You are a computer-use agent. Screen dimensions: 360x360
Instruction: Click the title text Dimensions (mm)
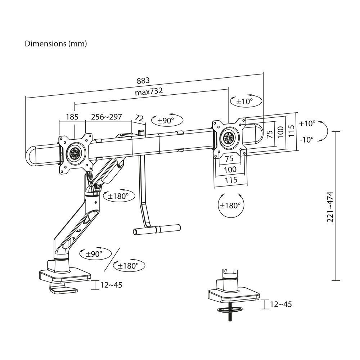pyautogui.click(x=55, y=44)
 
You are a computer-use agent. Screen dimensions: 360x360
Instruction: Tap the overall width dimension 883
pyautogui.click(x=143, y=80)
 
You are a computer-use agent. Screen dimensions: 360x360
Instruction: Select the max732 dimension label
pyautogui.click(x=149, y=91)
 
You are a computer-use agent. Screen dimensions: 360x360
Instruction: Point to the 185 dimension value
pyautogui.click(x=72, y=117)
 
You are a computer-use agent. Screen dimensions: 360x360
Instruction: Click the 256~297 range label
pyautogui.click(x=106, y=117)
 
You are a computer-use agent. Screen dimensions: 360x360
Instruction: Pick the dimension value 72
pyautogui.click(x=139, y=117)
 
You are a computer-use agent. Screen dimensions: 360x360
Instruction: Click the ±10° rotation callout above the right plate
pyautogui.click(x=245, y=102)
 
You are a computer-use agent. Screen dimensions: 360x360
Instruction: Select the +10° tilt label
pyautogui.click(x=306, y=123)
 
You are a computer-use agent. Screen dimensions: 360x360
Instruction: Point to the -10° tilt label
pyautogui.click(x=306, y=139)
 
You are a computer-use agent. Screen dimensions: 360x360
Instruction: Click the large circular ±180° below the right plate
pyautogui.click(x=230, y=206)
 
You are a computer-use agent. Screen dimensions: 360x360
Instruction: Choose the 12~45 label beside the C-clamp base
pyautogui.click(x=111, y=285)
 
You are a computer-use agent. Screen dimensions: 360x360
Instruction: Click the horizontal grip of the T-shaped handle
pyautogui.click(x=157, y=229)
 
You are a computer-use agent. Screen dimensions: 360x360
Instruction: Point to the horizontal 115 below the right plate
pyautogui.click(x=230, y=180)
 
